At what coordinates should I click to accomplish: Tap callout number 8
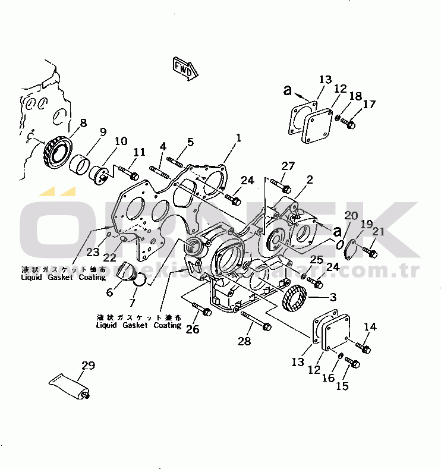pyautogui.click(x=83, y=123)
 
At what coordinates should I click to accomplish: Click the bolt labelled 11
pyautogui.click(x=127, y=173)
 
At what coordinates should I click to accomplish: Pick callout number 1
pyautogui.click(x=238, y=138)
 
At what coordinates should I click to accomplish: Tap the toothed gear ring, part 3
pyautogui.click(x=294, y=298)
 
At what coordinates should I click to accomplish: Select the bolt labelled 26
pyautogui.click(x=202, y=309)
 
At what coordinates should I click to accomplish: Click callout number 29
pyautogui.click(x=89, y=366)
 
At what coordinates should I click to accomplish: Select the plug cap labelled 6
pyautogui.click(x=127, y=272)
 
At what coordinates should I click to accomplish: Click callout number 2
pyautogui.click(x=310, y=179)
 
